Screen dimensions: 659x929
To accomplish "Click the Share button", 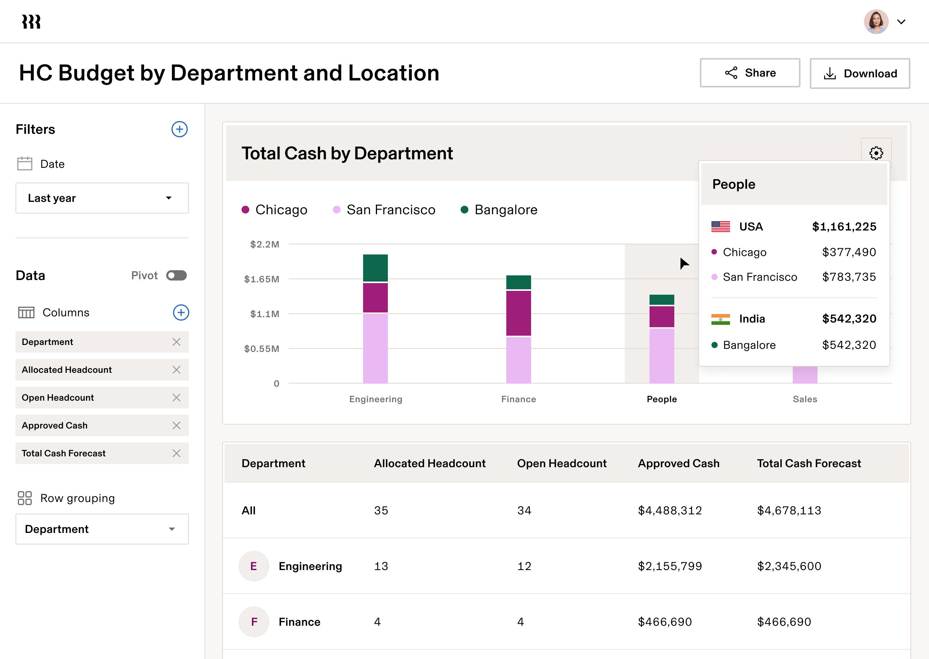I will point(749,73).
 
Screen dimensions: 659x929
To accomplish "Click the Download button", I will point(860,73).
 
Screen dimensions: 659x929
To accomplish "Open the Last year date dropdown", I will point(102,198).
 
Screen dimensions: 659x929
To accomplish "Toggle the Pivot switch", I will point(176,275).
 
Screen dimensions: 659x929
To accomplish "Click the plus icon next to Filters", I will point(179,130).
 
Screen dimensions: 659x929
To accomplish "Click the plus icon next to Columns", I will point(181,312).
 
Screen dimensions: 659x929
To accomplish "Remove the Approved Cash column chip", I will point(176,425).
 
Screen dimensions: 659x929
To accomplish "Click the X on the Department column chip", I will point(176,342).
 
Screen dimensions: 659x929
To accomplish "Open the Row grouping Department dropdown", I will point(102,529).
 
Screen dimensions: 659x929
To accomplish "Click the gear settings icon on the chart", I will point(876,153).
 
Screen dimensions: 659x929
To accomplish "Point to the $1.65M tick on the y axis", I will point(262,279).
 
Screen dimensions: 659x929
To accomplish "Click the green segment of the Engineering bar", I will point(375,268).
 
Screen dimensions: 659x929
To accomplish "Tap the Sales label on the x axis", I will point(805,399).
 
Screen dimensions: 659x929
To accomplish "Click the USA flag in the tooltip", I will point(720,226).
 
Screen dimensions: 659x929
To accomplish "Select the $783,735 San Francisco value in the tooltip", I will point(848,277).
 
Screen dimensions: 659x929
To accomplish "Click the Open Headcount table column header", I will point(562,463).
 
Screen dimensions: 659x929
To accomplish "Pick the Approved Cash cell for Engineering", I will point(670,566).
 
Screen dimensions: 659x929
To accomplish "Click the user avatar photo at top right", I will point(876,22).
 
